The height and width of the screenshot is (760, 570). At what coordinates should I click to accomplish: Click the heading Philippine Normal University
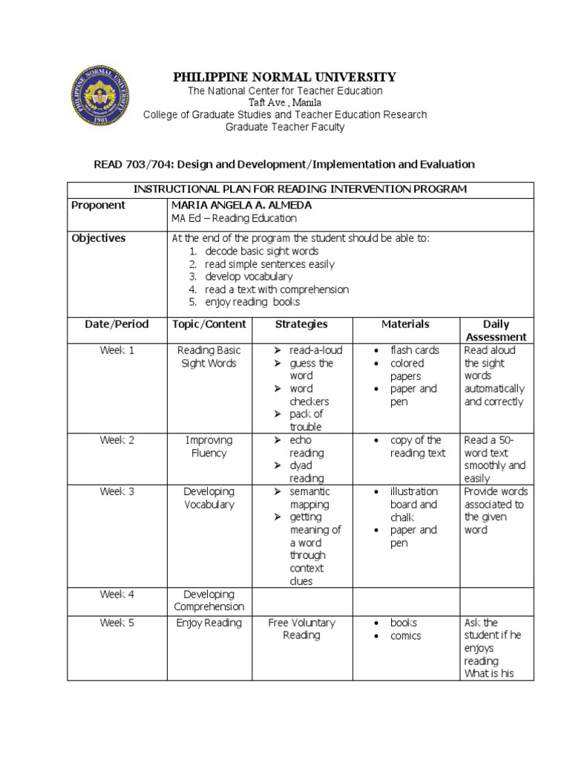coord(284,77)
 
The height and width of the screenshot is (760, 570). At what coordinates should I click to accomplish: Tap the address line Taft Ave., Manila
coord(284,102)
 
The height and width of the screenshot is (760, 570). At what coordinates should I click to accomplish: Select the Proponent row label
coord(98,206)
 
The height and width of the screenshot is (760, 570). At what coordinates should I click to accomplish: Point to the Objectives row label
coord(99,238)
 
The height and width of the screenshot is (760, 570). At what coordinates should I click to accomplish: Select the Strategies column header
coord(301,324)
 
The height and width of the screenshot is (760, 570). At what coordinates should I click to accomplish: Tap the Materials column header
coord(405,324)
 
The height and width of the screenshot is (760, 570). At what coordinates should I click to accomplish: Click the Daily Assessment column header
coord(496,330)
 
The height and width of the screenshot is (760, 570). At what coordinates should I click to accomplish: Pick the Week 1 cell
coord(117,350)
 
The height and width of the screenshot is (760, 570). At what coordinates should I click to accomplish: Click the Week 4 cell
coord(117,594)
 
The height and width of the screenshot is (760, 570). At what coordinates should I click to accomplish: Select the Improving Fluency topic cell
coord(209,446)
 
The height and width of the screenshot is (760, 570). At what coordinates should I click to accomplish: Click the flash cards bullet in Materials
coord(415,350)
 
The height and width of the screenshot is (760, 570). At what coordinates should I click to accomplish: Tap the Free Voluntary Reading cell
coord(301,629)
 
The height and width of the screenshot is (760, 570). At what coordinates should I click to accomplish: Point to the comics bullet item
coord(405,636)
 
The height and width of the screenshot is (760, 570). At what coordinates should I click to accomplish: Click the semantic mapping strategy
coord(309,498)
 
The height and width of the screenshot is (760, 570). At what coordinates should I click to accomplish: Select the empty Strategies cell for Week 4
coord(301,600)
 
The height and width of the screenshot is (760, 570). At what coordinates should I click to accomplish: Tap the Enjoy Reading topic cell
coord(209,623)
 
